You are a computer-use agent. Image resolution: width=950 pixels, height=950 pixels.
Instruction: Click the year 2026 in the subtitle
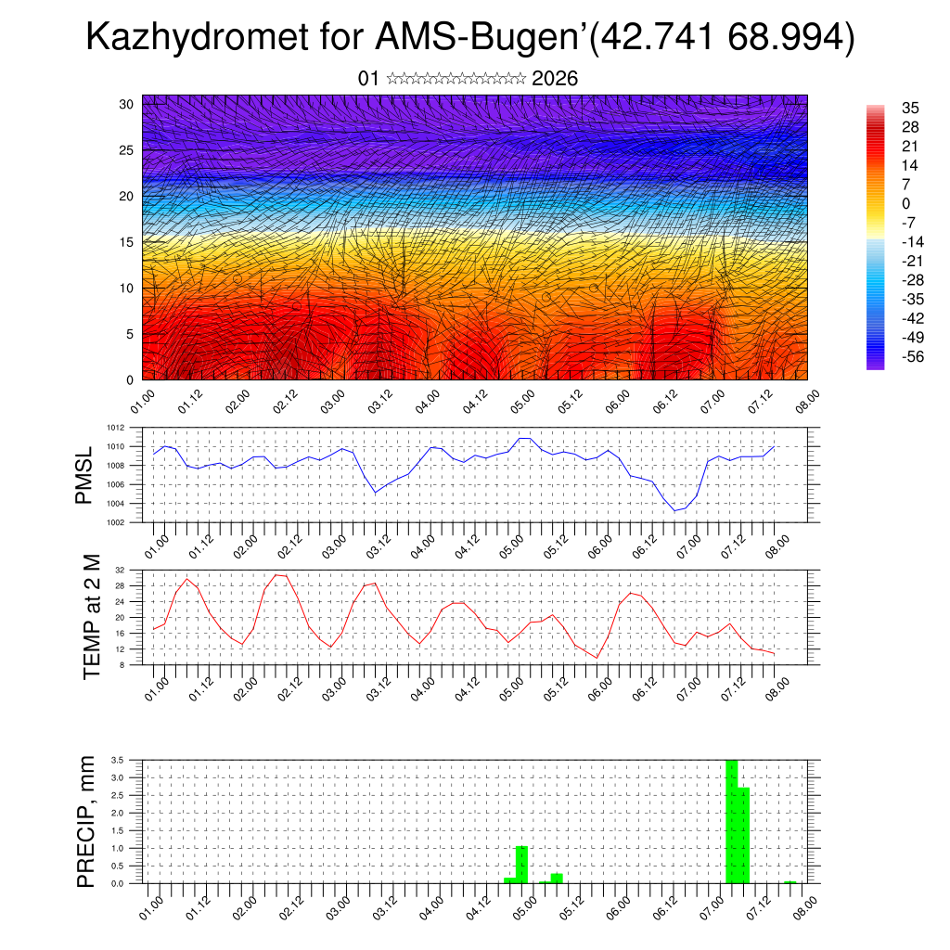(555, 79)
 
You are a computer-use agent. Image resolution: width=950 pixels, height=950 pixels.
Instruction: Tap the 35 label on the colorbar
(910, 109)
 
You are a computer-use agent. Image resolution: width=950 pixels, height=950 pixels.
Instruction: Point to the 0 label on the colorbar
(905, 203)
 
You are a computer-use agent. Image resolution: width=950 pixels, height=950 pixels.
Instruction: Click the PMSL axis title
(84, 475)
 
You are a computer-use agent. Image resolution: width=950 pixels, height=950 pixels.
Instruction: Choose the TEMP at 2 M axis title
(91, 617)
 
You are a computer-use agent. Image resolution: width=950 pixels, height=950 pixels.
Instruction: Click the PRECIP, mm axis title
(86, 821)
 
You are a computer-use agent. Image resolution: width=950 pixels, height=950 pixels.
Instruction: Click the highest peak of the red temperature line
(276, 575)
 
